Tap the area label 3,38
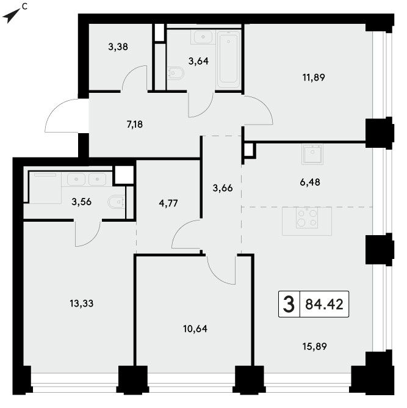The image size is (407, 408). tap(118, 47)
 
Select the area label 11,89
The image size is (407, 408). tap(314, 78)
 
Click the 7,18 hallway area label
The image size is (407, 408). tap(135, 125)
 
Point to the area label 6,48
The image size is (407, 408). tap(310, 182)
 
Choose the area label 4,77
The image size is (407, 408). tap(168, 203)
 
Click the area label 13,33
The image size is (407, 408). tap(82, 304)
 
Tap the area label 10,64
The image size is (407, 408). tap(195, 329)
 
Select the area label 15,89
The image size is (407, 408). tap(315, 346)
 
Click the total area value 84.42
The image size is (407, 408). tap(324, 304)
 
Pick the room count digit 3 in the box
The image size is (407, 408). tap(289, 304)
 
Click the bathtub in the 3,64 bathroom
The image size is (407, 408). tap(228, 59)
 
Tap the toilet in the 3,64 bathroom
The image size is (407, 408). tap(176, 73)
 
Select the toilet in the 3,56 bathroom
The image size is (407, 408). tap(116, 202)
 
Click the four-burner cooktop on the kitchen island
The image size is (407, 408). tap(307, 218)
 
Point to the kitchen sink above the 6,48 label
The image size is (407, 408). tap(312, 154)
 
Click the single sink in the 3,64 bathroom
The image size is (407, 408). tap(203, 37)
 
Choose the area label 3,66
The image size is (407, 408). tap(223, 188)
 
